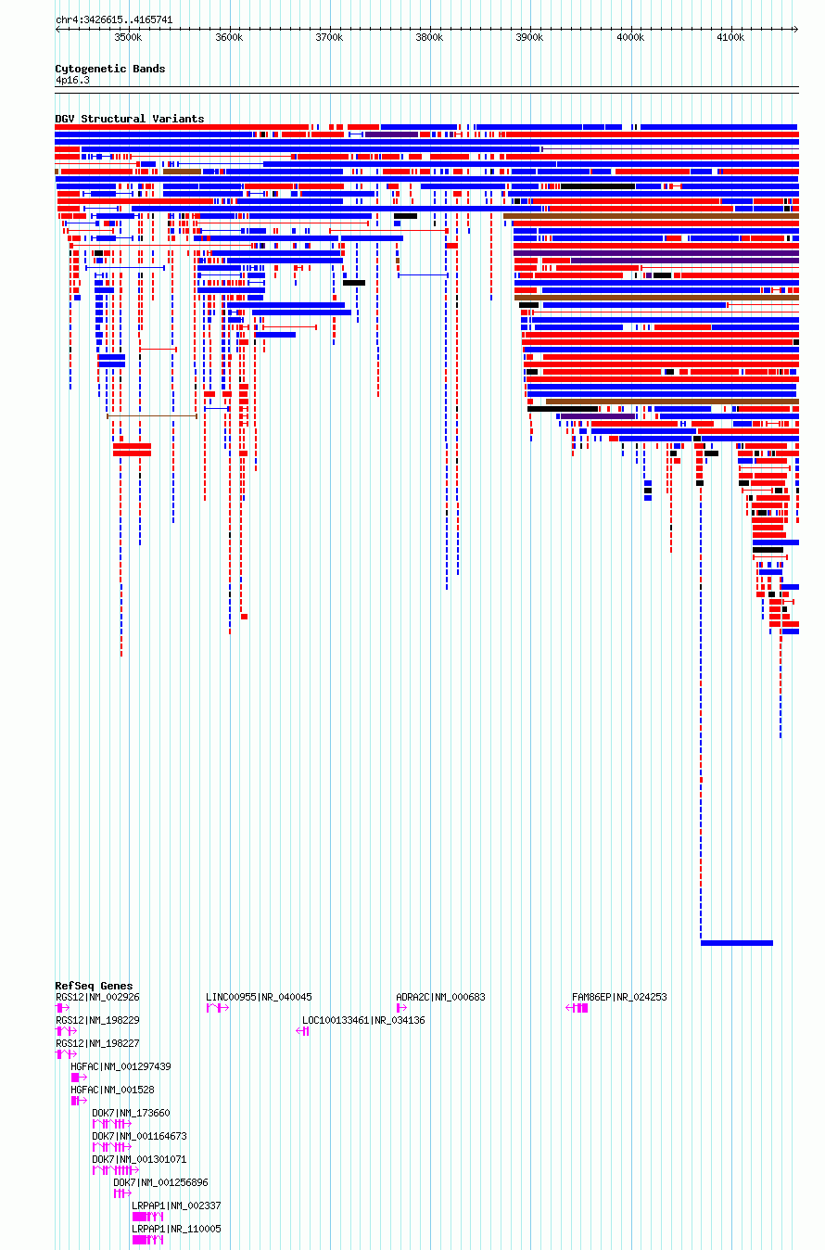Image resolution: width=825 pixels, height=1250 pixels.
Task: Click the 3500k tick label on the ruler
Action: coord(128,37)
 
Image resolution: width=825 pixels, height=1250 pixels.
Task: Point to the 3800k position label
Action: coord(429,37)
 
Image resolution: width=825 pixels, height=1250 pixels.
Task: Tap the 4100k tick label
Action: coord(730,37)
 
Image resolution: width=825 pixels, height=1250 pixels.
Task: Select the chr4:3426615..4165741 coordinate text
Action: coord(114,20)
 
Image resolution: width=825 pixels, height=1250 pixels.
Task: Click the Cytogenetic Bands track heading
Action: coord(110,69)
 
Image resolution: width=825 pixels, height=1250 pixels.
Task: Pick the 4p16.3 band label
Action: coord(72,81)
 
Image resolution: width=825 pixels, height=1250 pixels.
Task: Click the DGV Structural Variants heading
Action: coord(130,119)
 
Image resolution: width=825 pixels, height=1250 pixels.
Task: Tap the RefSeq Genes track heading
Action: coord(94,986)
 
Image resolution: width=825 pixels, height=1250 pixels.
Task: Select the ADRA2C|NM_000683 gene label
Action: coord(440,997)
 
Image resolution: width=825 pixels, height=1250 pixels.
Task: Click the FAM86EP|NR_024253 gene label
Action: coord(619,997)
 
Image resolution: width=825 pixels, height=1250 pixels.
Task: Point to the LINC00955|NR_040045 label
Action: coord(259,997)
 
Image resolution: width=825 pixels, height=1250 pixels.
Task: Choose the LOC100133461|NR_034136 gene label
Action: coord(363,1021)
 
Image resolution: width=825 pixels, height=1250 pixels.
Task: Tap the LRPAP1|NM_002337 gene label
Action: coord(176,1205)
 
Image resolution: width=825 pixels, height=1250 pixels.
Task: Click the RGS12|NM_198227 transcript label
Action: coord(97,1043)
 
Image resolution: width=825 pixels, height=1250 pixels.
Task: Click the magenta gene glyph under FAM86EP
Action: coord(577,1008)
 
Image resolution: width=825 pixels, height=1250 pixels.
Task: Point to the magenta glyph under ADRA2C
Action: coord(401,1008)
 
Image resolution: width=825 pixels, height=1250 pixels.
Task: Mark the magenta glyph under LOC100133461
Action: coord(302,1031)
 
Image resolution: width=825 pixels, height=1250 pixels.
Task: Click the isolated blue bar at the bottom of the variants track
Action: coord(737,943)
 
